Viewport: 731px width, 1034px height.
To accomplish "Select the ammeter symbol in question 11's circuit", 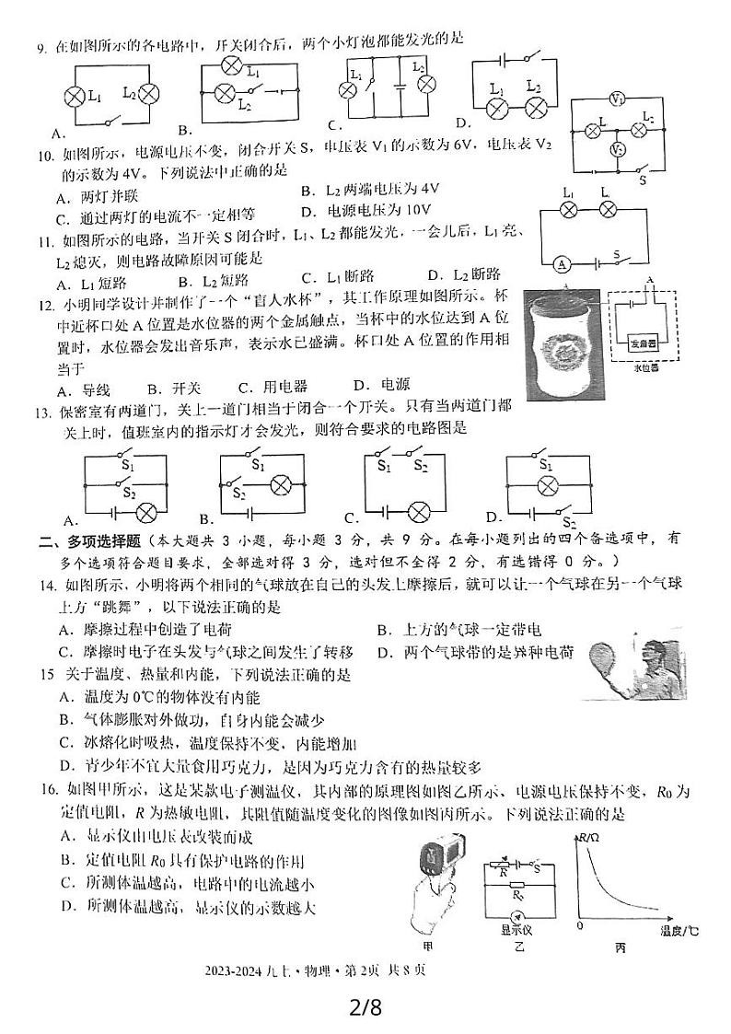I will pyautogui.click(x=559, y=262).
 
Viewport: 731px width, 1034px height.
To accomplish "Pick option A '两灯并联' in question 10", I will pyautogui.click(x=91, y=196).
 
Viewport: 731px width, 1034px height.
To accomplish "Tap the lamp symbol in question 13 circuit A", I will pyautogui.click(x=144, y=512).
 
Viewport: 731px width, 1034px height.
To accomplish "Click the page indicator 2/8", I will pyautogui.click(x=365, y=1005).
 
